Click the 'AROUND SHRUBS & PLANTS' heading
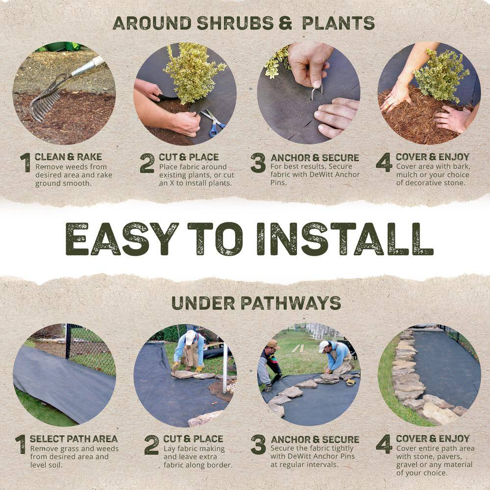click(244, 23)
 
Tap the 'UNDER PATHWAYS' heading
click(256, 303)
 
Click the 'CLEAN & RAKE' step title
click(68, 157)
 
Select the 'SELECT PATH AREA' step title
click(73, 439)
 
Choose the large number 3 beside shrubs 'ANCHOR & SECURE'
click(258, 163)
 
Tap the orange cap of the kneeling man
click(273, 344)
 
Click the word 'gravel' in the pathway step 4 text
click(408, 465)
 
